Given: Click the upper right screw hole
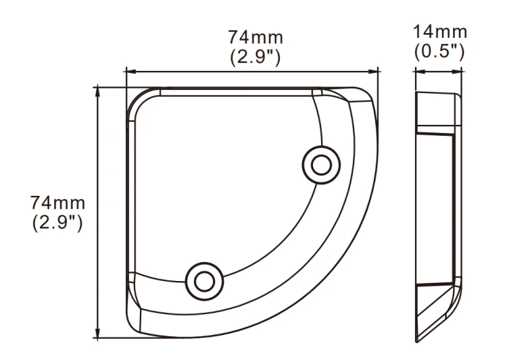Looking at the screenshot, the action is point(321,165).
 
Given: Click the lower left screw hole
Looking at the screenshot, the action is point(204,281).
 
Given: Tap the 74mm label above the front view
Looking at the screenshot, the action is point(256,37).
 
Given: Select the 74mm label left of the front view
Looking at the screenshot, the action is point(57,203).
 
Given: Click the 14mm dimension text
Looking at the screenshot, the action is point(440,32).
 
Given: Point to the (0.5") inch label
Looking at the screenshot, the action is point(439,52).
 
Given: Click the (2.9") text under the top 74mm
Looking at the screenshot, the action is point(255,57).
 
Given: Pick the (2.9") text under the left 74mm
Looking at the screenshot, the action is point(57,223).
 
